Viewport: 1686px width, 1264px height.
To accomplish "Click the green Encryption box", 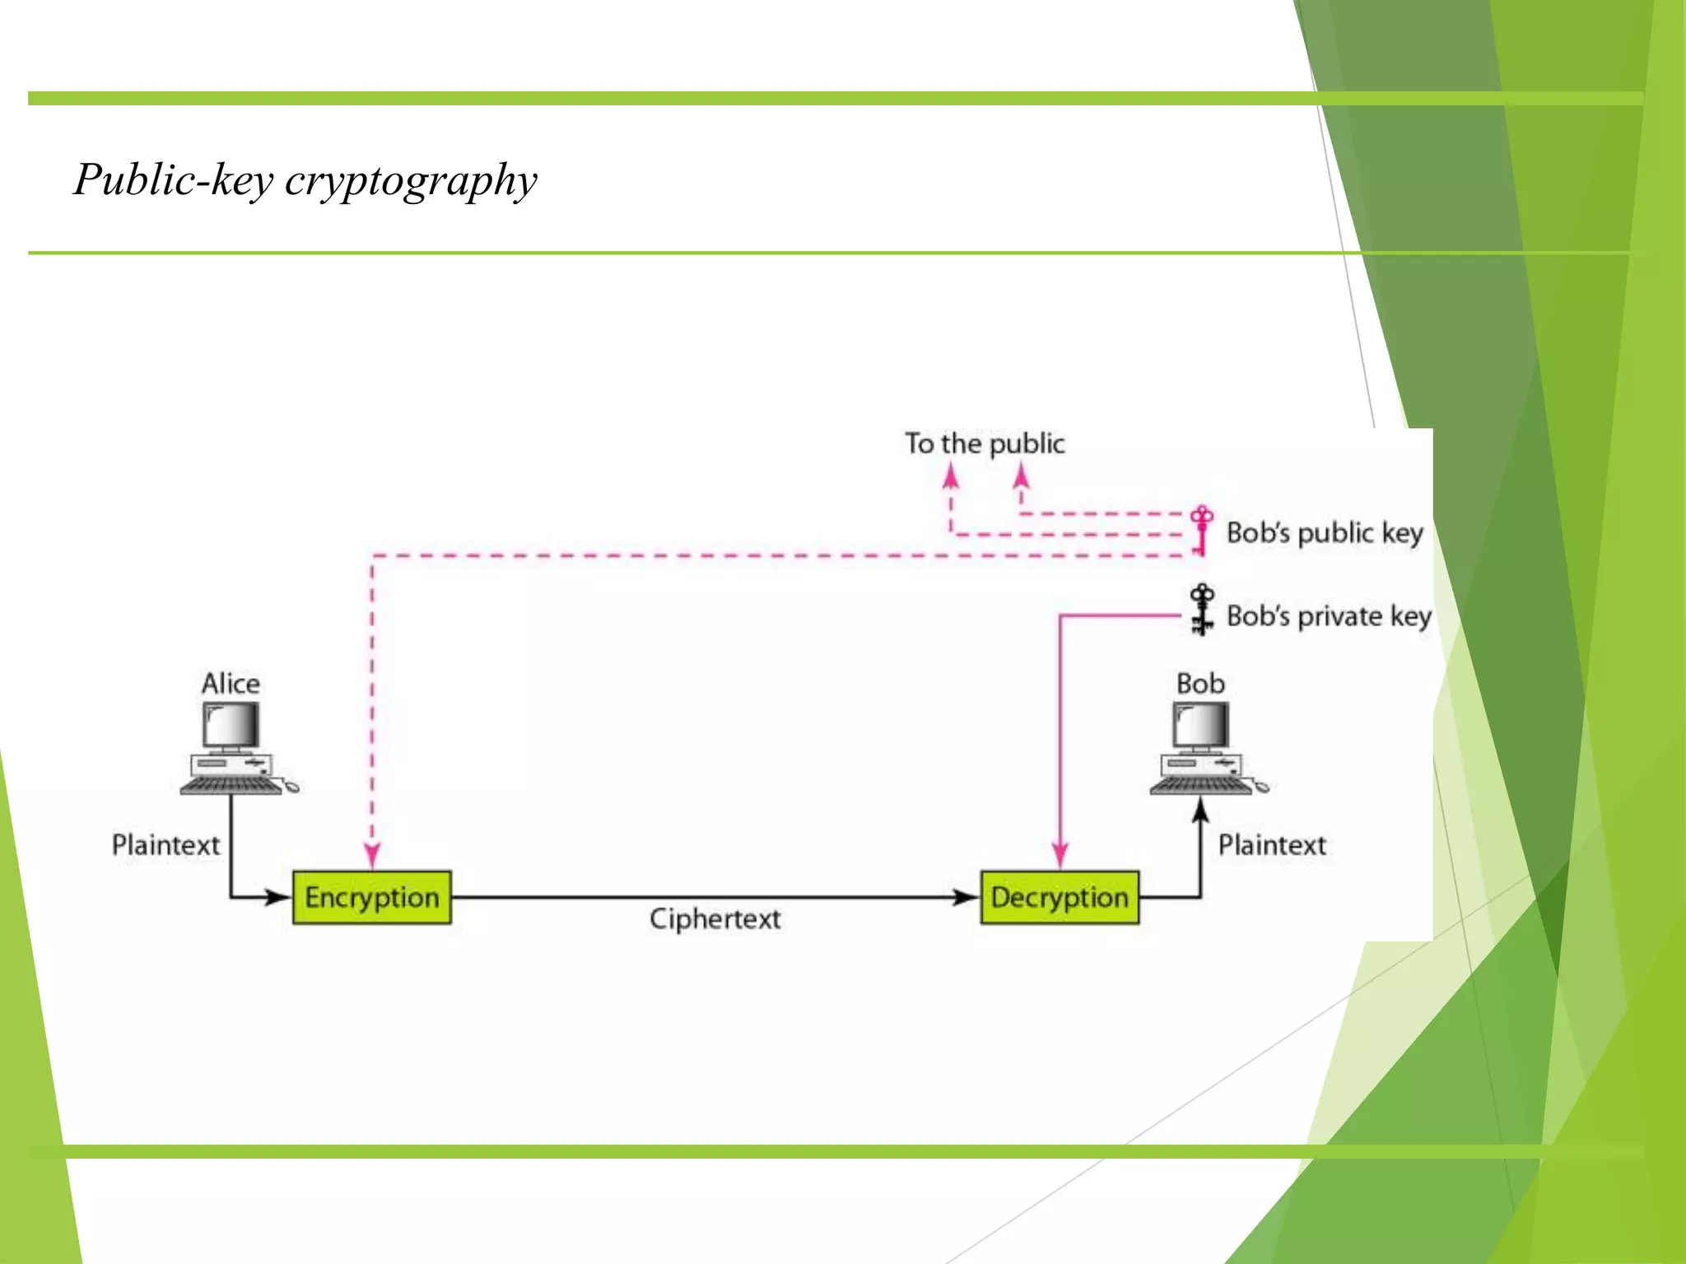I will coord(372,897).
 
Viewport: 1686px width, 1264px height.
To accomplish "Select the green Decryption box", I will coord(1060,897).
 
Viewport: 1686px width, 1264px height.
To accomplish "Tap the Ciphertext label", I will coord(715,918).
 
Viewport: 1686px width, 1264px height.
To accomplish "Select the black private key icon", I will coord(1202,610).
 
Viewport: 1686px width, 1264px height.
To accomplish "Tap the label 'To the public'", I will coord(985,444).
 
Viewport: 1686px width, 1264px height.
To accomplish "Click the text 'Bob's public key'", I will coord(1325,532).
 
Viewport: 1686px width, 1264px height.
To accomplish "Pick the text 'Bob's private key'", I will coord(1329,616).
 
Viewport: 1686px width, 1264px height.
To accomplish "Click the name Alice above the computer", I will coord(231,683).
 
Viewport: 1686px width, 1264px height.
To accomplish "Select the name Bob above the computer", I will coord(1200,683).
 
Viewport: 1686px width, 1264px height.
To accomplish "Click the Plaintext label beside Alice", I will coord(165,844).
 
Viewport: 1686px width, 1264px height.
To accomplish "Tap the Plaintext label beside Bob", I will coord(1272,844).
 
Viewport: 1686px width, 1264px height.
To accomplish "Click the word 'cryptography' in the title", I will coord(411,180).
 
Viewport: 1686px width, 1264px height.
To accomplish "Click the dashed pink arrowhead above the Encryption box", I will coord(372,856).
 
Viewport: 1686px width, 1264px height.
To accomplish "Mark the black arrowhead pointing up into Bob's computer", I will coord(1200,810).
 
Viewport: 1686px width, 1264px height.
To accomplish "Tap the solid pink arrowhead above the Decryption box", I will coord(1060,856).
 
